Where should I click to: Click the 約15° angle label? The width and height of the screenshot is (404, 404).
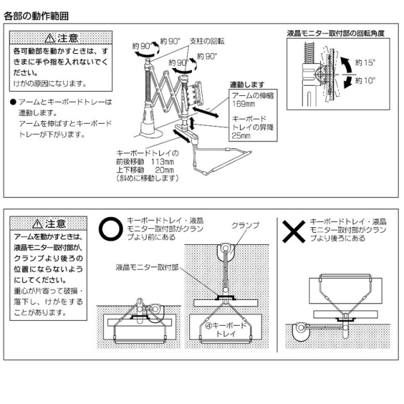pyautogui.click(x=365, y=62)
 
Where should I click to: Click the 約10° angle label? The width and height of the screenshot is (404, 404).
pyautogui.click(x=365, y=81)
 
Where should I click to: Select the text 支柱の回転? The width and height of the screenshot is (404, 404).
pyautogui.click(x=207, y=41)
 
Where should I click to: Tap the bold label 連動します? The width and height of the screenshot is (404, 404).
pyautogui.click(x=244, y=85)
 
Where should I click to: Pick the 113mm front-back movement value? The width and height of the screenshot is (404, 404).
pyautogui.click(x=163, y=162)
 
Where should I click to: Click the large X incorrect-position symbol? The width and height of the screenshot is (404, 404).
pyautogui.click(x=294, y=231)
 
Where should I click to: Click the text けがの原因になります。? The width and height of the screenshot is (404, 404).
pyautogui.click(x=50, y=83)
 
